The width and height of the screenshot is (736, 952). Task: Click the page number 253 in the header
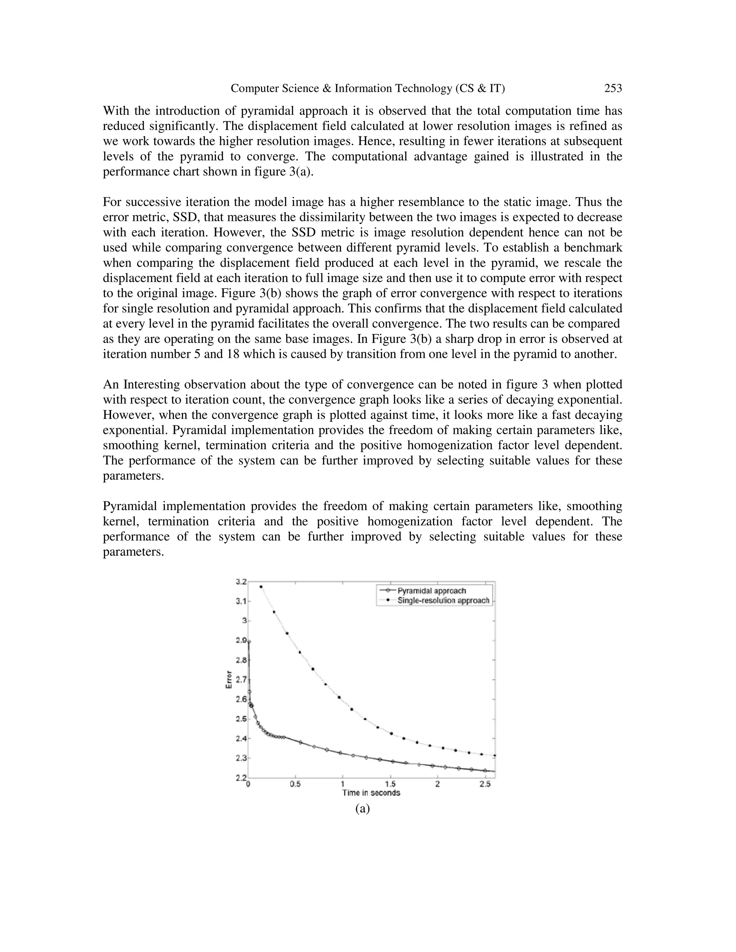613,88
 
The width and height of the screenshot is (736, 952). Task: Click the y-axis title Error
229,680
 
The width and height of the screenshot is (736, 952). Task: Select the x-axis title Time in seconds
371,792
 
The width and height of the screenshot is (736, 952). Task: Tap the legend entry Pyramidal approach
431,591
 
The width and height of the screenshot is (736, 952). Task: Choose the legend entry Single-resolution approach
443,601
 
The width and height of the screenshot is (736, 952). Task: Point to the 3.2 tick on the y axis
241,582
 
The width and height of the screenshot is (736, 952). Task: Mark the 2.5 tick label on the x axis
484,784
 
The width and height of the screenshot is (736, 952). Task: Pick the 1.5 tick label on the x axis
390,784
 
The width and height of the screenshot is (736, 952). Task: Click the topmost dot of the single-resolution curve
261,587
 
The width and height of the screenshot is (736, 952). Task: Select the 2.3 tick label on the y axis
241,758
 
